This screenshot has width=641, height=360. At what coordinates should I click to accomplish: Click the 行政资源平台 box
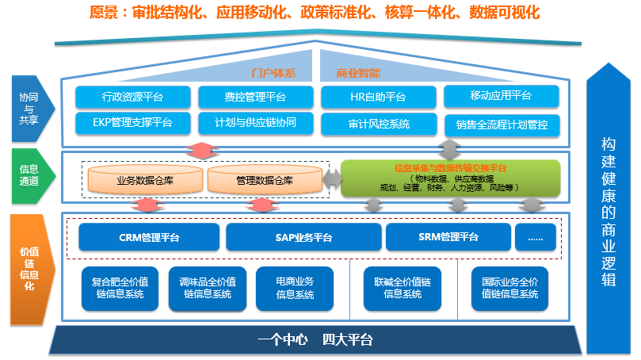click(133, 97)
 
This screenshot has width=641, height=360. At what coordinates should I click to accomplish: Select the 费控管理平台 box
click(254, 98)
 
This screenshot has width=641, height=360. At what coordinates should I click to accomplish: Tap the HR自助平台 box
click(378, 98)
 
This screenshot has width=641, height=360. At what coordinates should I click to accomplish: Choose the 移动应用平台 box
click(501, 96)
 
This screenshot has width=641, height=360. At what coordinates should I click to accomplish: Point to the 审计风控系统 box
click(378, 124)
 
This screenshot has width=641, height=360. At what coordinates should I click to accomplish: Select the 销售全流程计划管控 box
click(501, 124)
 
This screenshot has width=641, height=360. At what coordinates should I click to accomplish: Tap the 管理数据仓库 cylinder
click(265, 180)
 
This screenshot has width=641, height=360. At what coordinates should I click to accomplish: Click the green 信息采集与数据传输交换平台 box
click(450, 178)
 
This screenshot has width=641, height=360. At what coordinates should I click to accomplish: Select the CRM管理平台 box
click(149, 237)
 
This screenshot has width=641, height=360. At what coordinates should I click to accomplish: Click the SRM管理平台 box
click(448, 237)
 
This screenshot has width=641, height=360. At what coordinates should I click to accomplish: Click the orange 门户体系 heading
click(273, 73)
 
